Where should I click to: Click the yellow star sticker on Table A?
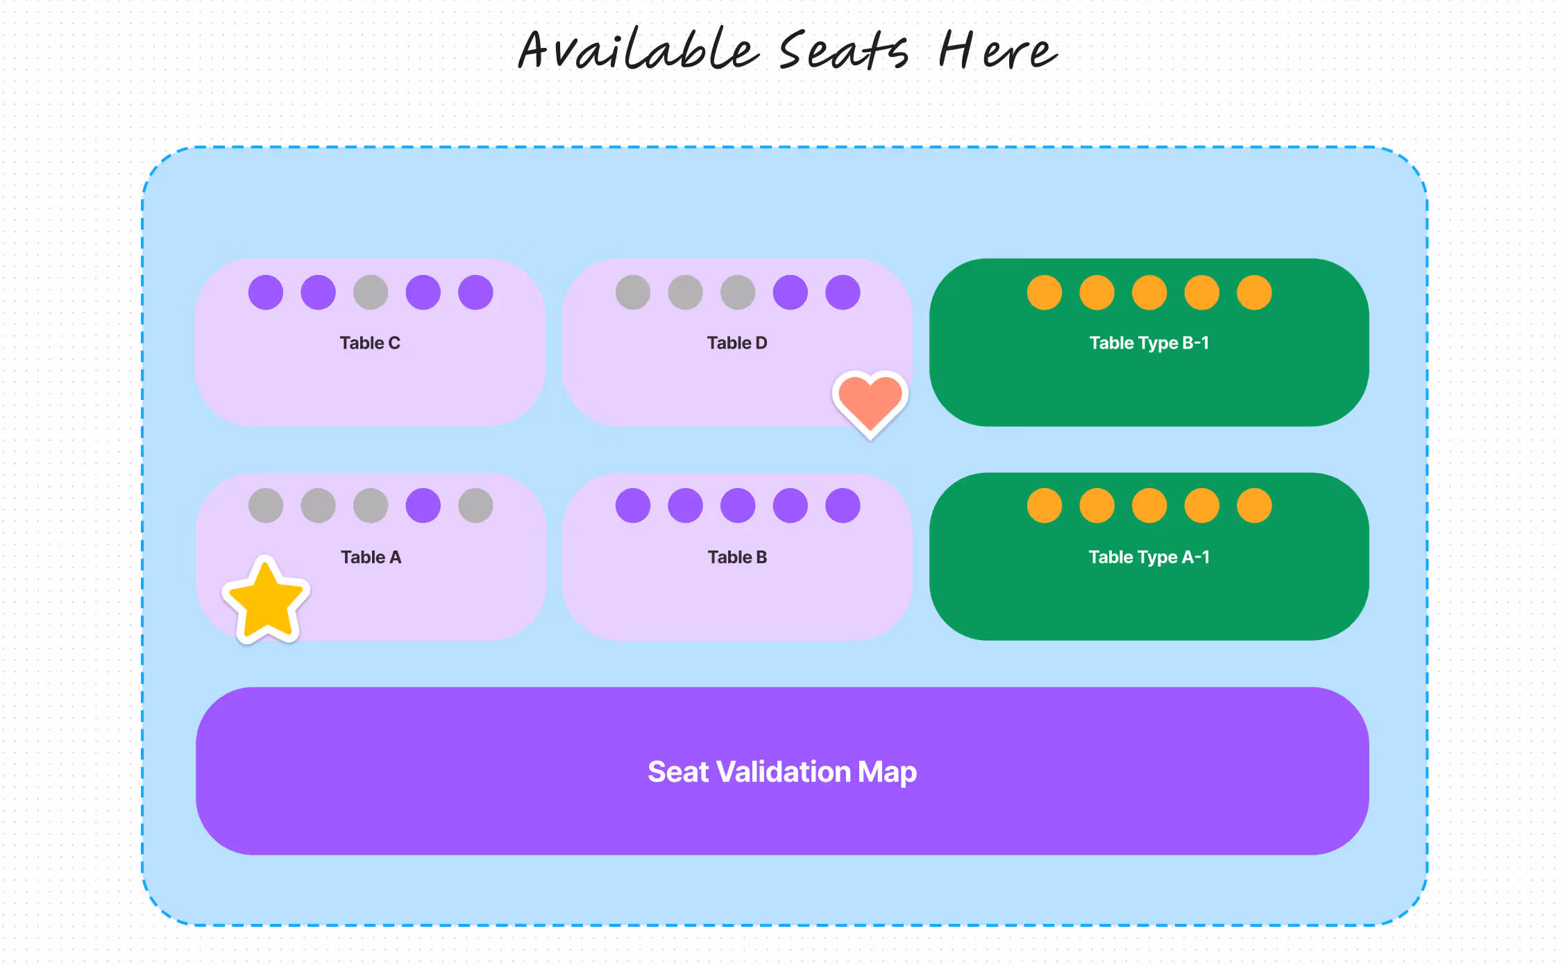pyautogui.click(x=267, y=601)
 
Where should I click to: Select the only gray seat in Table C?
pyautogui.click(x=371, y=292)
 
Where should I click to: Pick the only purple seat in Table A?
pyautogui.click(x=423, y=505)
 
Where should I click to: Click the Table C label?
pyautogui.click(x=370, y=343)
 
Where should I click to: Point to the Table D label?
pyautogui.click(x=737, y=343)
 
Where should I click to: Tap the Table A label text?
pyautogui.click(x=371, y=557)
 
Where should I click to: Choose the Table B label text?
pyautogui.click(x=737, y=557)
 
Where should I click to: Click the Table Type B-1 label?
pyautogui.click(x=1149, y=343)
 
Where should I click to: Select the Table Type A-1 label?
pyautogui.click(x=1149, y=557)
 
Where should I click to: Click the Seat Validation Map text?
pyautogui.click(x=782, y=772)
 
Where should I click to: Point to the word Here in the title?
pyautogui.click(x=998, y=50)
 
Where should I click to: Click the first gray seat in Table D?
pyautogui.click(x=633, y=292)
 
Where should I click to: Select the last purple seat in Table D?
pyautogui.click(x=843, y=292)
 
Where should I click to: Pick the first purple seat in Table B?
pyautogui.click(x=633, y=505)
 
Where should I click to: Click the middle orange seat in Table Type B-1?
pyautogui.click(x=1149, y=292)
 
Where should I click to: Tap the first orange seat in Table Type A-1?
pyautogui.click(x=1045, y=505)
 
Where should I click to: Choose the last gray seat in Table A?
pyautogui.click(x=475, y=505)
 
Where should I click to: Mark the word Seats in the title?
pyautogui.click(x=844, y=50)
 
